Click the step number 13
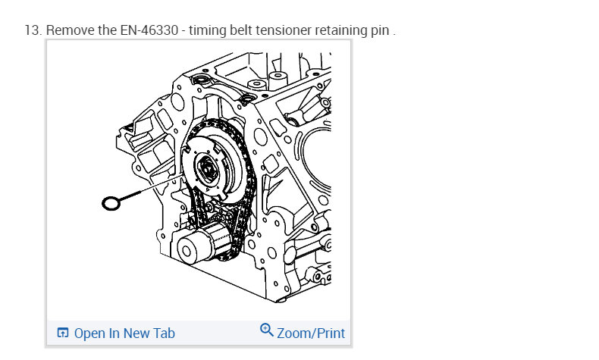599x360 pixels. [x=33, y=30]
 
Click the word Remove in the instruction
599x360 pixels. [x=71, y=30]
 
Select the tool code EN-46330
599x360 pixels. [x=149, y=30]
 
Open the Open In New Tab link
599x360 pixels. [x=116, y=333]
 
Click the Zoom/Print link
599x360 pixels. [x=303, y=332]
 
